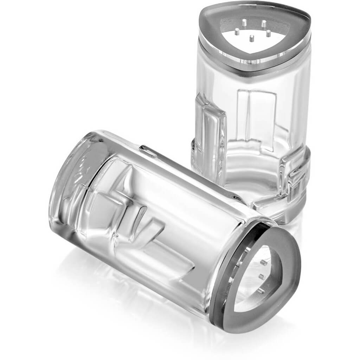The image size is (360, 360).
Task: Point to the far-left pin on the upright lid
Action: [x=237, y=32]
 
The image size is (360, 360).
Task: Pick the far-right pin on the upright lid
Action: [x=269, y=33]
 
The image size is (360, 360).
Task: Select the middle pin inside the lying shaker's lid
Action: [x=262, y=276]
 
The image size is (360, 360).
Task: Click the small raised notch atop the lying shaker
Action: [x=148, y=150]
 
